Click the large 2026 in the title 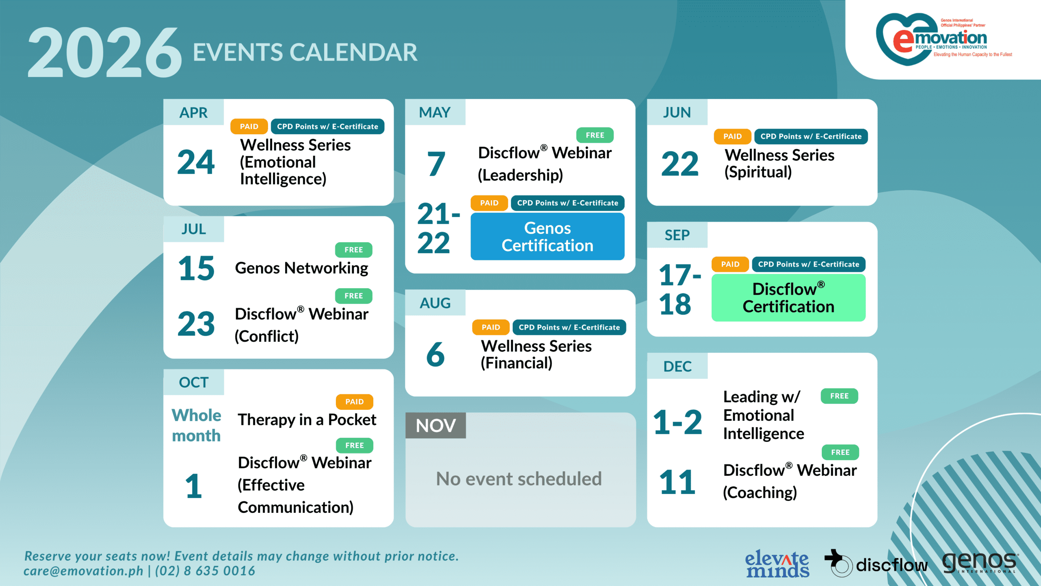pyautogui.click(x=105, y=52)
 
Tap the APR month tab pyautogui.click(x=194, y=112)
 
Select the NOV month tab pyautogui.click(x=436, y=426)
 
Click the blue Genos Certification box pyautogui.click(x=547, y=237)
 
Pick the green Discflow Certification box pyautogui.click(x=788, y=297)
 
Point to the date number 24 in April pyautogui.click(x=196, y=162)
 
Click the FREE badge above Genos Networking pyautogui.click(x=353, y=250)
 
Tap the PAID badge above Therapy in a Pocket pyautogui.click(x=354, y=402)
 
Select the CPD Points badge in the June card pyautogui.click(x=811, y=136)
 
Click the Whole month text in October pyautogui.click(x=196, y=425)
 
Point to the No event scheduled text pyautogui.click(x=519, y=479)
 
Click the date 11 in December pyautogui.click(x=677, y=482)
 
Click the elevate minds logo pyautogui.click(x=777, y=564)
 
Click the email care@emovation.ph pyautogui.click(x=83, y=571)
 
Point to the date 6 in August pyautogui.click(x=435, y=354)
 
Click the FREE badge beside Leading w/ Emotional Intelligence pyautogui.click(x=839, y=396)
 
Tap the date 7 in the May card pyautogui.click(x=436, y=164)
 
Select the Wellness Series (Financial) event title pyautogui.click(x=536, y=354)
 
